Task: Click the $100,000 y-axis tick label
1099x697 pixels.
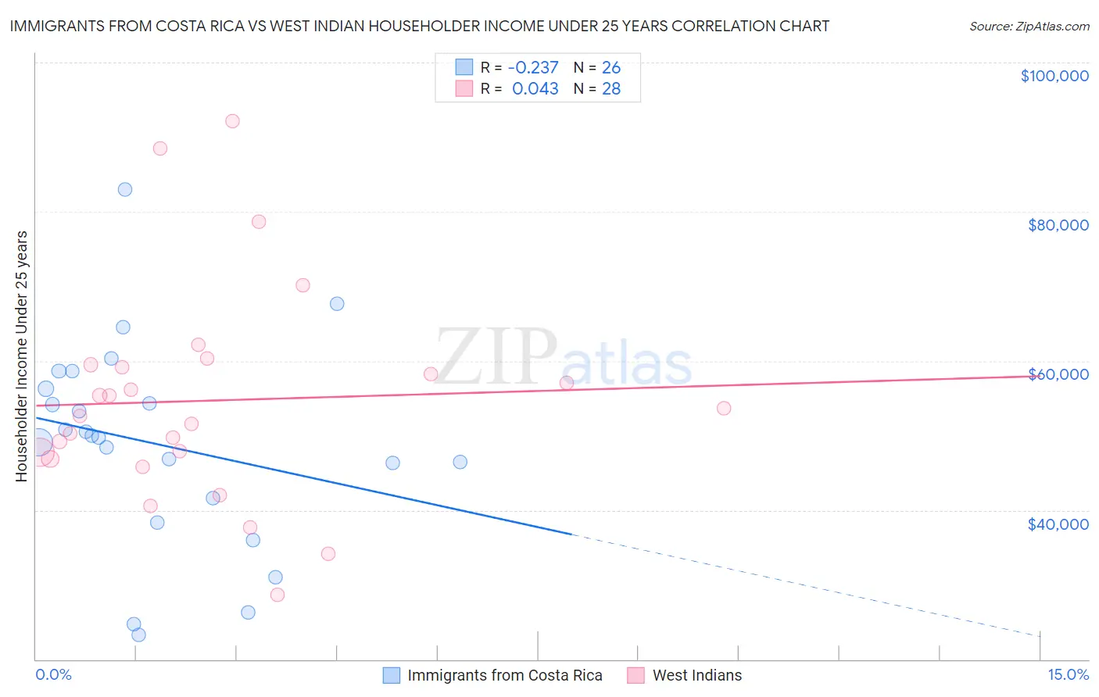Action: (1054, 76)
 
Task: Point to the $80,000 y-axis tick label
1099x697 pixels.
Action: (1058, 225)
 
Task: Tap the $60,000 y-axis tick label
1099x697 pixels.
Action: (1058, 374)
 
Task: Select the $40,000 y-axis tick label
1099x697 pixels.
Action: (1058, 524)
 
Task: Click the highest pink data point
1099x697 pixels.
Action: (232, 121)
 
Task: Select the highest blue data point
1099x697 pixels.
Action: (125, 190)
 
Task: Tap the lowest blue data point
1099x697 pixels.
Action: (138, 634)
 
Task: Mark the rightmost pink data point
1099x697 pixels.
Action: (724, 409)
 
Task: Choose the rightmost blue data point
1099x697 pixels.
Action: (460, 463)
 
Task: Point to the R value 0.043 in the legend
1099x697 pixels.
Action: (535, 89)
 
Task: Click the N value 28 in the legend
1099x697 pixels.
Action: (611, 89)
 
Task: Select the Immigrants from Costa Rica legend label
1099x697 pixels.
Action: (504, 676)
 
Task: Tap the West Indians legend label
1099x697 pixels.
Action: (696, 676)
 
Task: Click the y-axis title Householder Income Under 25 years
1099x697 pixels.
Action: (22, 356)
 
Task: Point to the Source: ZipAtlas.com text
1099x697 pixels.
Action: (1029, 27)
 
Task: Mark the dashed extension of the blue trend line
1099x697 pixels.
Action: (805, 585)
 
